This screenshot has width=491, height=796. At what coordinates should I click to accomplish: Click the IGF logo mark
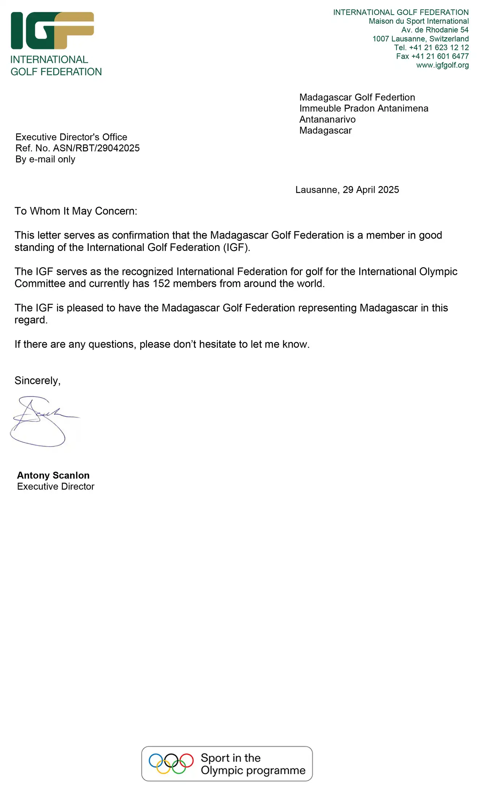[52, 31]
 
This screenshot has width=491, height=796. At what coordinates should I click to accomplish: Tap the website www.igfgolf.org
[442, 65]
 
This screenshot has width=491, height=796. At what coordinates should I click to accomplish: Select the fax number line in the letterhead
[432, 56]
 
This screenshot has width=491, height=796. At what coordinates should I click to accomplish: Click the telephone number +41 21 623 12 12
[439, 48]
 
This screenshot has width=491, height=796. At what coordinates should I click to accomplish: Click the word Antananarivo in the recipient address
[327, 119]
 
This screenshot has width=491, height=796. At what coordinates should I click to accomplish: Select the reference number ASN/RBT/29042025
[96, 148]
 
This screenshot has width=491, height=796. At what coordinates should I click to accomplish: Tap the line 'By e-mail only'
[45, 159]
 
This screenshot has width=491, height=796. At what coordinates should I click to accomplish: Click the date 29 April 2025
[371, 190]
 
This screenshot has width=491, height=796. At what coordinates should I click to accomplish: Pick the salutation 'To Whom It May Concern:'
[76, 211]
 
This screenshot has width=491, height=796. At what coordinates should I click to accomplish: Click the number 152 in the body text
[161, 284]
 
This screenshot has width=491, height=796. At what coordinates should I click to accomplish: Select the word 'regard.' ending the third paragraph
[31, 320]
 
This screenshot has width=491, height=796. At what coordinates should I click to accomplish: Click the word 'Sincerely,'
[37, 381]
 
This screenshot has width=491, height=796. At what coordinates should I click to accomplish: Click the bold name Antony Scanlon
[53, 475]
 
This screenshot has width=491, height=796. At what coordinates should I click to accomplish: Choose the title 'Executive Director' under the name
[56, 487]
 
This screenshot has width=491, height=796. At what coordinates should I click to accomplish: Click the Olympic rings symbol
[171, 763]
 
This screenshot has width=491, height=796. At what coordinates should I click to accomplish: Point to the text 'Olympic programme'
[253, 770]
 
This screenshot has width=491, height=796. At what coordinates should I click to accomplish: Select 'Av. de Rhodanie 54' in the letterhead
[435, 30]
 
